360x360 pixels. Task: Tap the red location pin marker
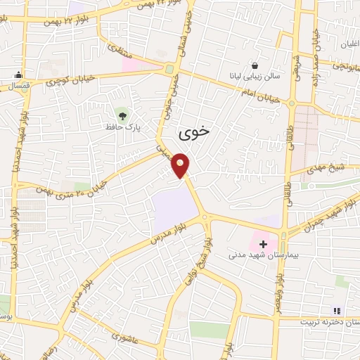coord(181,165)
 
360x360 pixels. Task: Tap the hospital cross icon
coord(264,244)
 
